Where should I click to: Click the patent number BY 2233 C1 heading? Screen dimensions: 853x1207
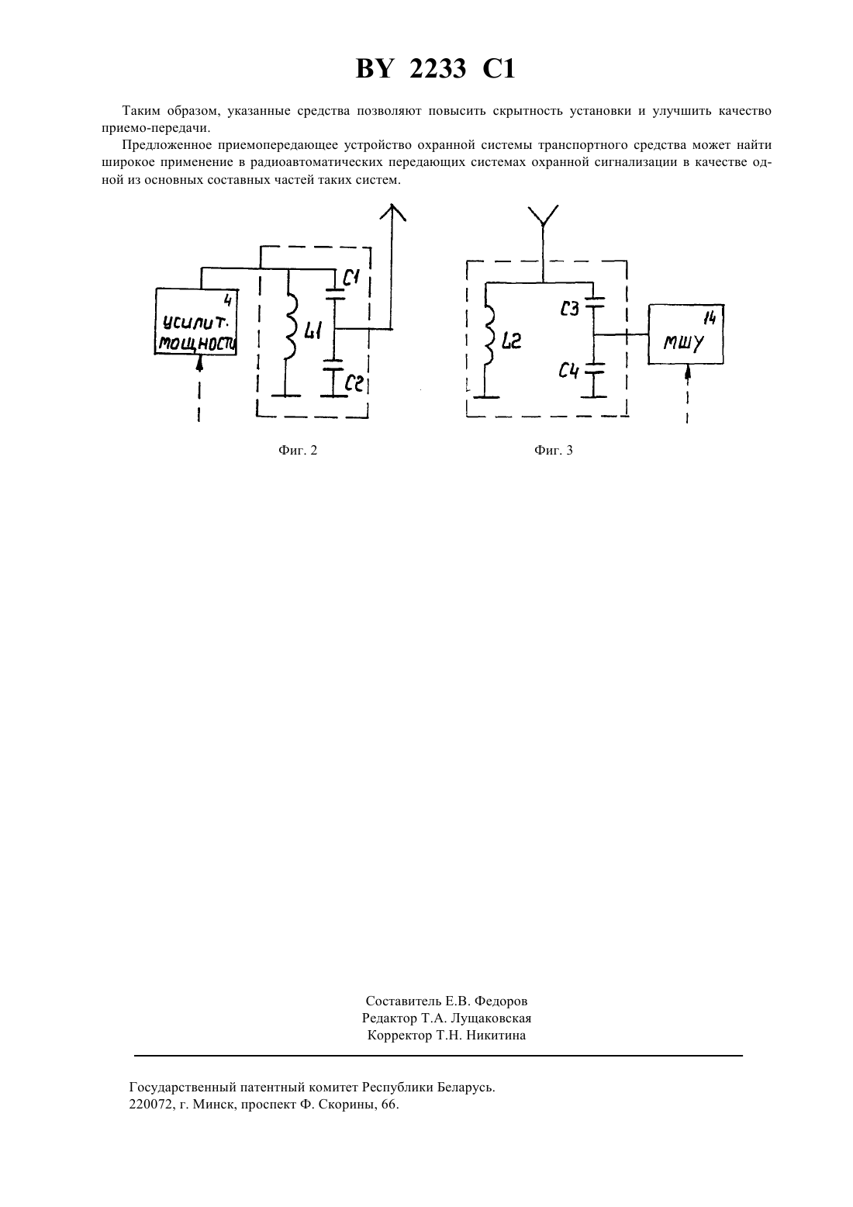point(435,69)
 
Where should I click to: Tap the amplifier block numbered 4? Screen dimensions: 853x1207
point(196,322)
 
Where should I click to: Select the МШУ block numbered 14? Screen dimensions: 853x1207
point(686,334)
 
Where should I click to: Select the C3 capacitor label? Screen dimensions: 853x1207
point(569,309)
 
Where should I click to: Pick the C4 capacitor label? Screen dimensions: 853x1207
point(568,371)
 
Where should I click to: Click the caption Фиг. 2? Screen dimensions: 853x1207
point(298,451)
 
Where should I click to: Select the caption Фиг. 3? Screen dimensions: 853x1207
point(554,451)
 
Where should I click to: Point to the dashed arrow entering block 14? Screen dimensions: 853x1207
point(687,394)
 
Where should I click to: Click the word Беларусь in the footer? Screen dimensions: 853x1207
point(466,1088)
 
